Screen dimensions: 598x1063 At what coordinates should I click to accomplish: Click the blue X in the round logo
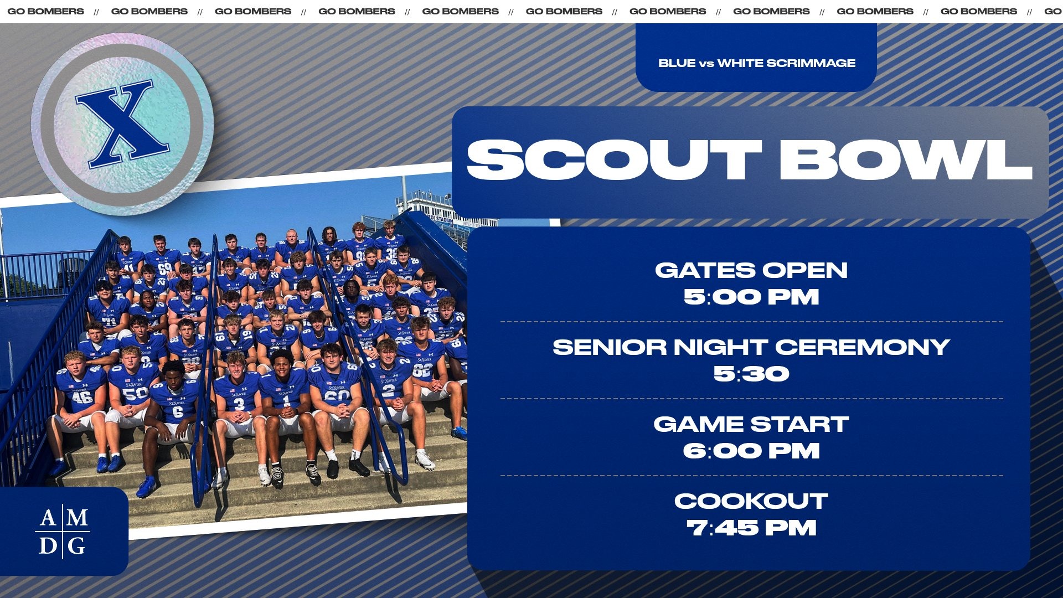tap(122, 124)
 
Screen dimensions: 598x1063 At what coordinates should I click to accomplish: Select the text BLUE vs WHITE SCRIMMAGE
tap(756, 63)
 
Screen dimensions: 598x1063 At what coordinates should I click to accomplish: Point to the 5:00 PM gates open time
tap(751, 297)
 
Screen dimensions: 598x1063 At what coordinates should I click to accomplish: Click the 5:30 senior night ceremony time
tap(751, 374)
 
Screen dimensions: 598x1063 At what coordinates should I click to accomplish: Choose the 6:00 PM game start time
tap(751, 451)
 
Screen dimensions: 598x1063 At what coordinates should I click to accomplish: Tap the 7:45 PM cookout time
tap(751, 528)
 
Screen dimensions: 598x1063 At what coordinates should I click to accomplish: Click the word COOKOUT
tap(751, 501)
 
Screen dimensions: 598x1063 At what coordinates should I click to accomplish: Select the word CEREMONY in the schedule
tap(863, 347)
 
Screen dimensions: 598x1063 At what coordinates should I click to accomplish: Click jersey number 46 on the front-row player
tap(81, 396)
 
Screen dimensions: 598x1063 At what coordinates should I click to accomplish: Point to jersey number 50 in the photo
tap(135, 393)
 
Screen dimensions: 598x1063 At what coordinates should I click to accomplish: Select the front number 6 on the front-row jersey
tap(178, 412)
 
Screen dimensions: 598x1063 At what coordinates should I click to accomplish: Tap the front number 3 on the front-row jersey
tap(239, 404)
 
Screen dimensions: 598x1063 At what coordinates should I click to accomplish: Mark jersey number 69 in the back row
tap(164, 269)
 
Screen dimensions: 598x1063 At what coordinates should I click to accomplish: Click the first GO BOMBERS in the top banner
tap(45, 11)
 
